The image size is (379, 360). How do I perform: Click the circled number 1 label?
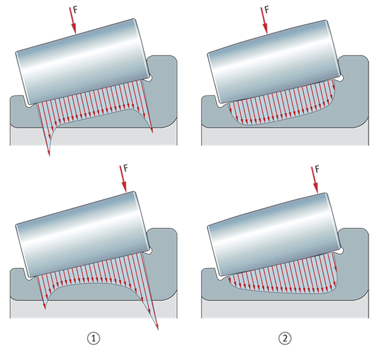coord(93,339)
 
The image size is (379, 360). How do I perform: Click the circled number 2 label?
coord(285,339)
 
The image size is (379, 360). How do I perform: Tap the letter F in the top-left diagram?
coord(75,10)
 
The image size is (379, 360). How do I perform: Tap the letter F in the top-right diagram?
coord(267,10)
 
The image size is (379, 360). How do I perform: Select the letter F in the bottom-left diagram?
coord(126,168)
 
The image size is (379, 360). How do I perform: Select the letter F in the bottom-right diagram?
coord(317,169)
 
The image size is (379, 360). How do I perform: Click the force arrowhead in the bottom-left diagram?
coord(124,187)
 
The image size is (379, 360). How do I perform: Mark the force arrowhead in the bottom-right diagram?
coord(316,188)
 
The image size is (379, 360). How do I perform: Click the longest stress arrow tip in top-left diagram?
coord(49,155)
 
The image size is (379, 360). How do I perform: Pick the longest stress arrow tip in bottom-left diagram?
coord(157,328)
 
